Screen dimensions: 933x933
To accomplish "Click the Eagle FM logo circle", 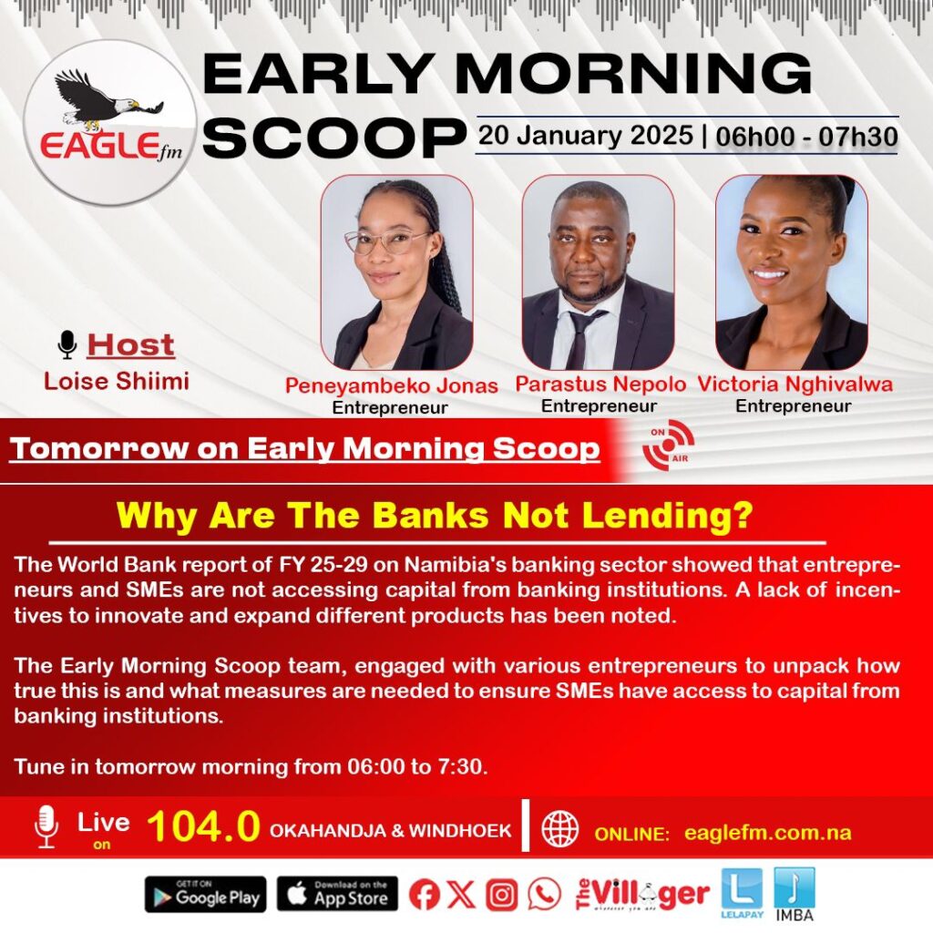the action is click(110, 123).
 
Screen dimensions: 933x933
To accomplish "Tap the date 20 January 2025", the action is click(586, 136).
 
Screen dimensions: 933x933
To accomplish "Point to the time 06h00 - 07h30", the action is click(807, 137).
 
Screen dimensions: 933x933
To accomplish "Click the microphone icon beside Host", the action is click(67, 344).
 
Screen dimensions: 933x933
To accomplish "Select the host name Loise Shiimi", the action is click(117, 381).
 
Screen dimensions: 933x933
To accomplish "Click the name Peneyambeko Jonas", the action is click(392, 385).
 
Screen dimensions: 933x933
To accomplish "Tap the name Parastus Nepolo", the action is click(600, 384).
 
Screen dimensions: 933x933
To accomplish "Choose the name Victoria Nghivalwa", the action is click(795, 384).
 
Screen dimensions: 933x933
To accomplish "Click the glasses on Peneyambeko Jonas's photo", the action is click(385, 241).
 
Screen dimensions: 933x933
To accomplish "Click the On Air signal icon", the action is click(668, 445).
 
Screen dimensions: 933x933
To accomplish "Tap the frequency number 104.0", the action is click(203, 826).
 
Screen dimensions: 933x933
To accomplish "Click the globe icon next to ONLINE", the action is click(560, 829).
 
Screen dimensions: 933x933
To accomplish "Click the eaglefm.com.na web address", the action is click(767, 833).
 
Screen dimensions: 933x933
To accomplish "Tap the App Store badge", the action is click(337, 894).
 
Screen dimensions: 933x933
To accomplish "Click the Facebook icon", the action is click(425, 894).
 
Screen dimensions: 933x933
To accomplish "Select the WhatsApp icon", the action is click(545, 894).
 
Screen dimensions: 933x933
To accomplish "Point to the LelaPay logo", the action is click(742, 893).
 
